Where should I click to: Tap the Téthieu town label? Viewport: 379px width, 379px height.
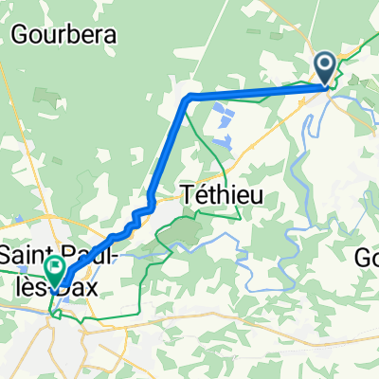[220, 195]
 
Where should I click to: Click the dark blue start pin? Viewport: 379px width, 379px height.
[324, 65]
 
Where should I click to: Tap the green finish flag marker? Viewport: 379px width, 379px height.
[55, 270]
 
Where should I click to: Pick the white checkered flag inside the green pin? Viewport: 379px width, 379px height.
[55, 267]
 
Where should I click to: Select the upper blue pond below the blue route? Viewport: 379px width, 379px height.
[224, 117]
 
